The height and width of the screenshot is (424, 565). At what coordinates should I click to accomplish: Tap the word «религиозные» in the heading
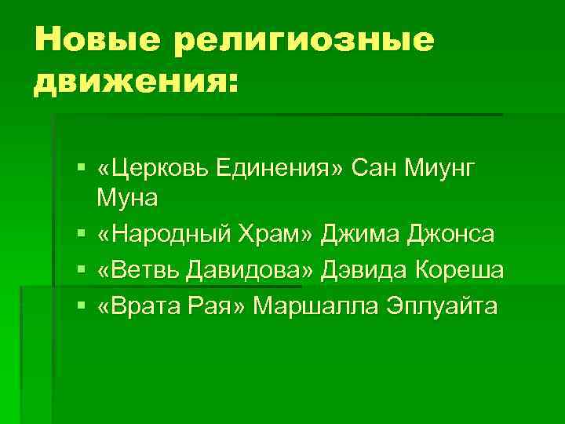304,39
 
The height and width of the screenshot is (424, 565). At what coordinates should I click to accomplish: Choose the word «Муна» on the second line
127,198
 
